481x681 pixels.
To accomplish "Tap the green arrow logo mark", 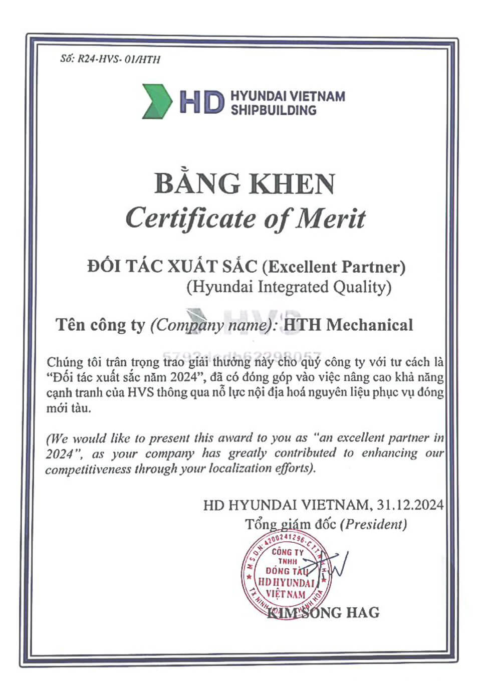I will pyautogui.click(x=157, y=101).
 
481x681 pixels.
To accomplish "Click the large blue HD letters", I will pyautogui.click(x=202, y=102).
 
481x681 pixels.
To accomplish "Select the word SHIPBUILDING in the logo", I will pyautogui.click(x=274, y=110).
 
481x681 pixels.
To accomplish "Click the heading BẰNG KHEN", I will pyautogui.click(x=245, y=183).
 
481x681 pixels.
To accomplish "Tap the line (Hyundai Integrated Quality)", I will pyautogui.click(x=289, y=287).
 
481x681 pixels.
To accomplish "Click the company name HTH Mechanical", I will pyautogui.click(x=348, y=325).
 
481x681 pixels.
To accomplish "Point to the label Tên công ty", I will pyautogui.click(x=100, y=325).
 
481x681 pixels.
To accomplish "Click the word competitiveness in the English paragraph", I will pyautogui.click(x=88, y=469).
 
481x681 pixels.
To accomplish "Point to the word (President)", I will pyautogui.click(x=373, y=524).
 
